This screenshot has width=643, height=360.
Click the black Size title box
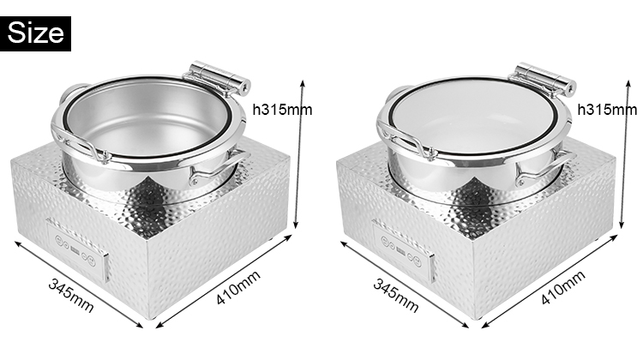coord(37,33)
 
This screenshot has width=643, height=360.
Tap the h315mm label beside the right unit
coord(607,109)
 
